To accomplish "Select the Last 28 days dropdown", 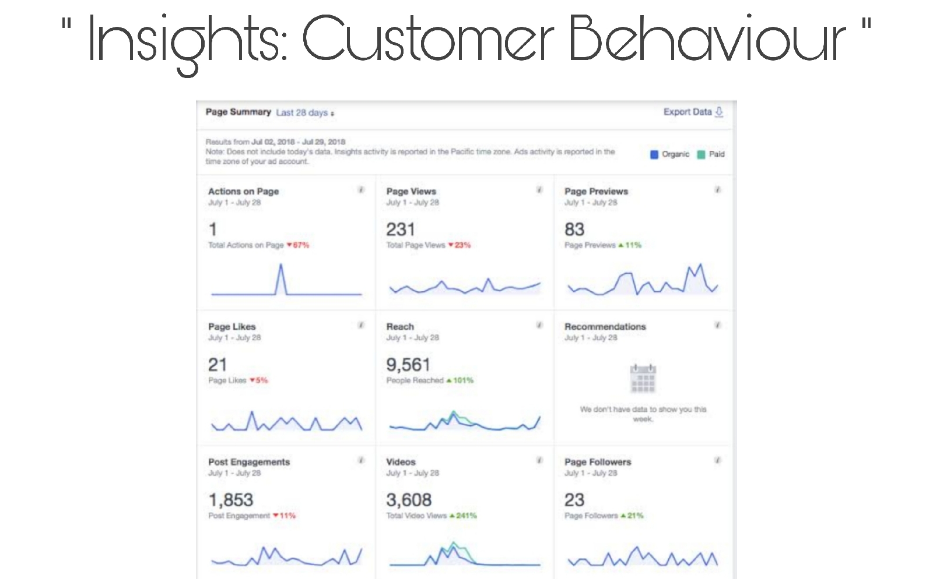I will [304, 112].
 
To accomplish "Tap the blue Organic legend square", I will [654, 154].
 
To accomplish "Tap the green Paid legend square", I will [701, 154].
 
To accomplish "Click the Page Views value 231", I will [400, 230].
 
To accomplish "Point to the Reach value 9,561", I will [408, 365].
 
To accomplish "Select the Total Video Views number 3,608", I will [409, 500].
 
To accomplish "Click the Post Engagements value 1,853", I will [231, 500].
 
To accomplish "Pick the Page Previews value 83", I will [574, 230].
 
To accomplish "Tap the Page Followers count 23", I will [574, 500].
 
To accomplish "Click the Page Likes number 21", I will [218, 365].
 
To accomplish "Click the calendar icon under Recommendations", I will [643, 378].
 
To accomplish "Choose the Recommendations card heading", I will [605, 327].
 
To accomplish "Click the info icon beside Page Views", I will [539, 190].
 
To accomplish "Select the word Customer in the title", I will [427, 39].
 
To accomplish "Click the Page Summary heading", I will [238, 112].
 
